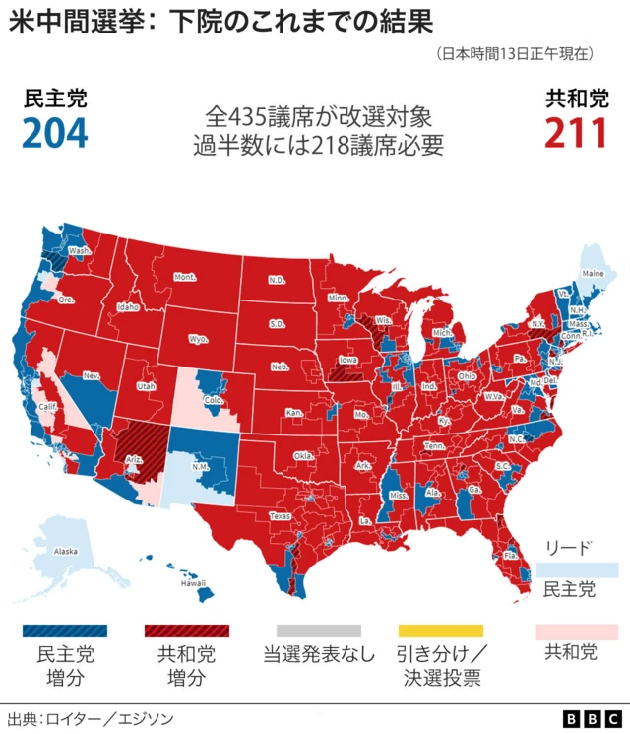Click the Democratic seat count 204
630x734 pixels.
pyautogui.click(x=55, y=131)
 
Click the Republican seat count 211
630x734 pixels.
pyautogui.click(x=575, y=131)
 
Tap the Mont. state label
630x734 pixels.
pyautogui.click(x=185, y=277)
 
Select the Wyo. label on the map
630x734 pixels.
pyautogui.click(x=198, y=339)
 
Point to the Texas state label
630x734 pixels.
pyautogui.click(x=281, y=515)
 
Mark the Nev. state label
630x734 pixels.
pyautogui.click(x=92, y=375)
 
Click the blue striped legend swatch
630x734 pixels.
pyautogui.click(x=65, y=630)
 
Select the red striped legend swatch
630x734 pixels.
pyautogui.click(x=186, y=630)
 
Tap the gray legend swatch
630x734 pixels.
pyautogui.click(x=318, y=630)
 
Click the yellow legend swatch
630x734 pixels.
pyautogui.click(x=440, y=630)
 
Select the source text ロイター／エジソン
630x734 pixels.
pyautogui.click(x=103, y=718)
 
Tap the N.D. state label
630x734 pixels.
pyautogui.click(x=278, y=280)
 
